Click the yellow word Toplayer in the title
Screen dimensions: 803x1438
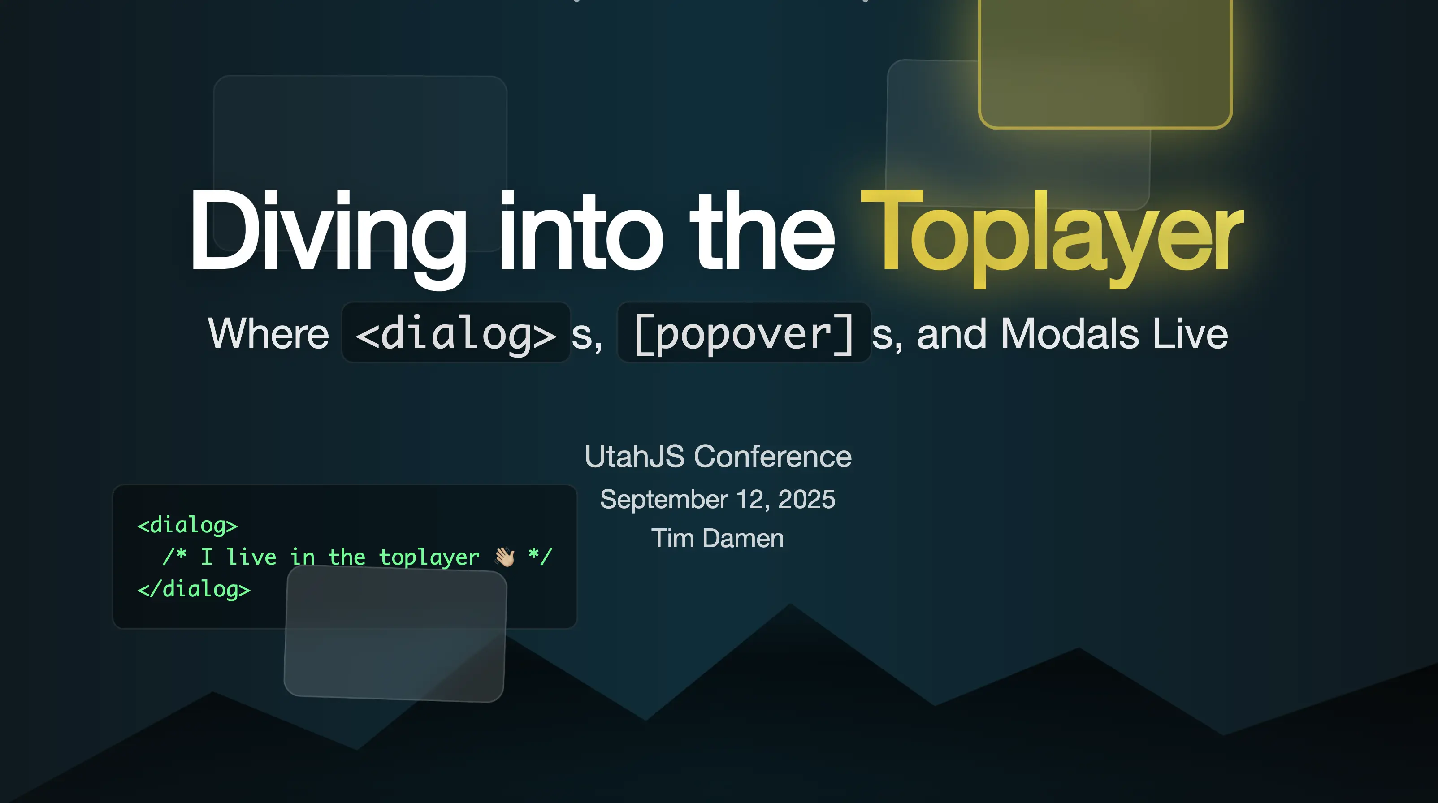[1052, 234]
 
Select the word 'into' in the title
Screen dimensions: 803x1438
[580, 234]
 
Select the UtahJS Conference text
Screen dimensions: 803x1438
[718, 457]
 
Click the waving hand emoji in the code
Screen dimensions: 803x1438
[505, 557]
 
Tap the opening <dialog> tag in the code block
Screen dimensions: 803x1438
[187, 525]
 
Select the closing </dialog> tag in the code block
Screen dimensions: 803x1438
[194, 589]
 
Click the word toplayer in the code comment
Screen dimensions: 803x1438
[429, 557]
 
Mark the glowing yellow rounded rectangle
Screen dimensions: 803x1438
[1105, 61]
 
